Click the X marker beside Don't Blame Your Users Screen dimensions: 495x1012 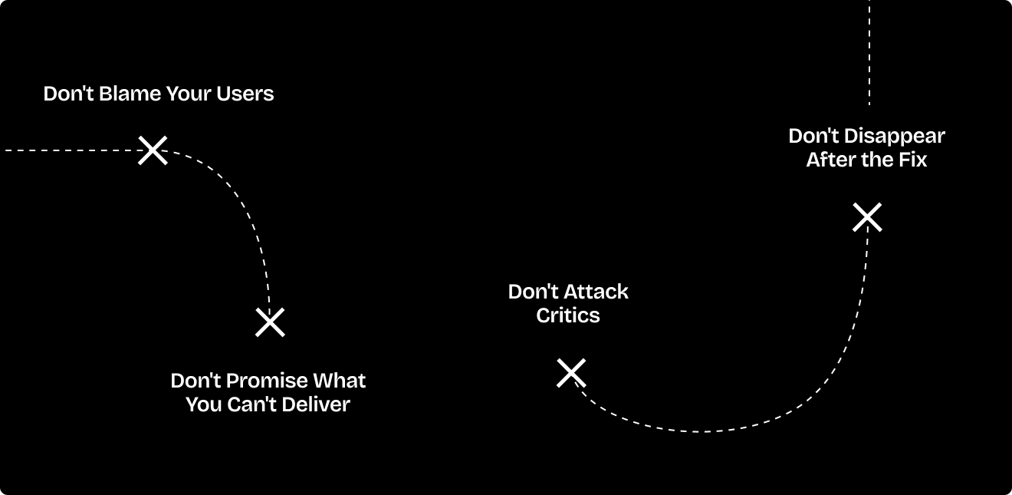(153, 150)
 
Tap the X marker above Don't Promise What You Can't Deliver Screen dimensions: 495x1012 (270, 322)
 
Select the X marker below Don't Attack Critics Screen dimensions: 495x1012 (571, 373)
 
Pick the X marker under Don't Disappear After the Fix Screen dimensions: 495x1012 (867, 217)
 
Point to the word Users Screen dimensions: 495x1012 (245, 94)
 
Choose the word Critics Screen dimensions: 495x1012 (568, 315)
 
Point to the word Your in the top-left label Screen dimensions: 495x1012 (189, 94)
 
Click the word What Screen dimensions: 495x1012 (340, 381)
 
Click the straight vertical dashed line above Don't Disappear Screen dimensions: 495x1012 (869, 54)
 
